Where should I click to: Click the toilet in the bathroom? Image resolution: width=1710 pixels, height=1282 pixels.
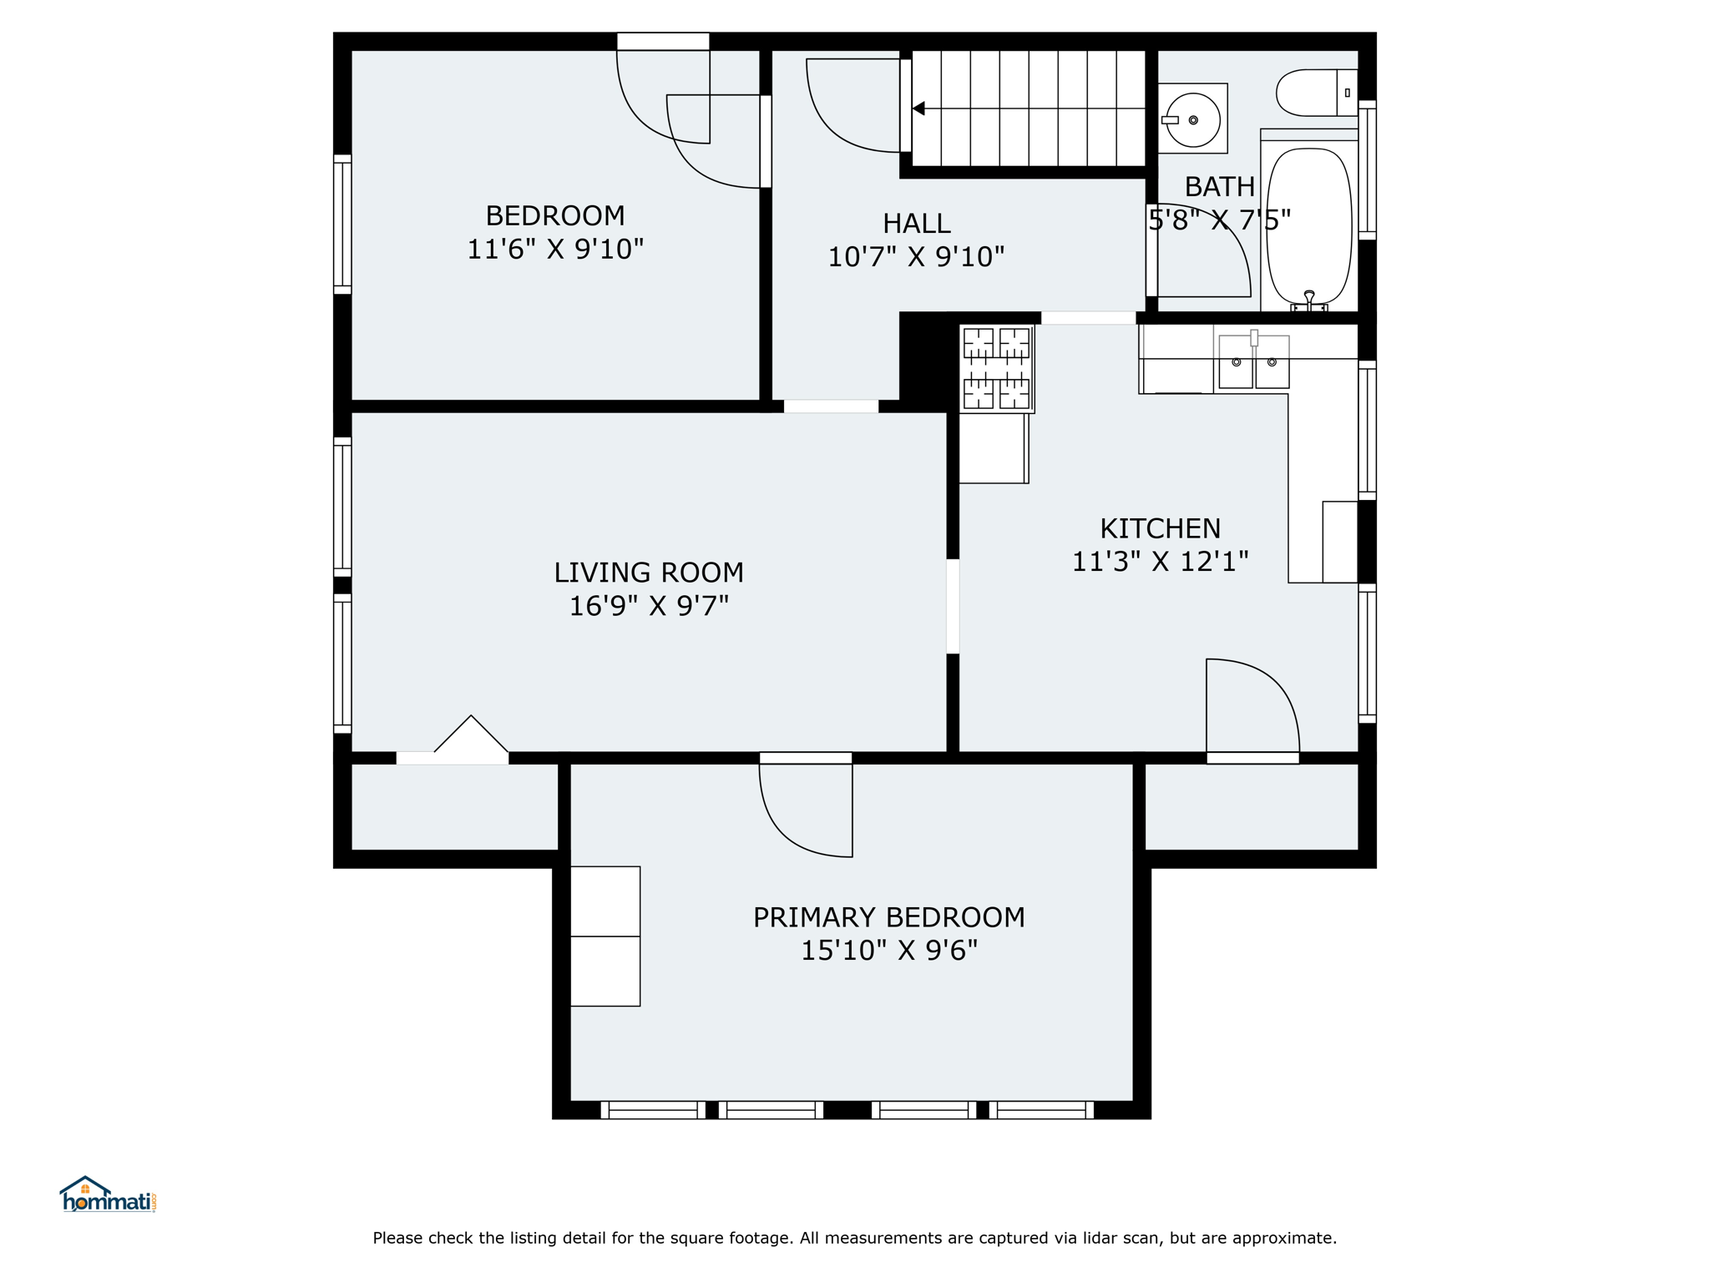pos(1317,93)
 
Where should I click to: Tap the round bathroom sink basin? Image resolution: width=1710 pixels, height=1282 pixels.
pos(1193,120)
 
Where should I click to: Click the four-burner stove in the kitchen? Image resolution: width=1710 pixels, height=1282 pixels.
pos(997,369)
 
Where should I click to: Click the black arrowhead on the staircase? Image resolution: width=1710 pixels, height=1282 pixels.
pos(918,109)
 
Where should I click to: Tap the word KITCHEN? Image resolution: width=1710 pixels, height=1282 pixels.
pos(1160,528)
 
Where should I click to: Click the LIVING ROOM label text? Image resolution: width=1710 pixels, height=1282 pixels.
pos(649,573)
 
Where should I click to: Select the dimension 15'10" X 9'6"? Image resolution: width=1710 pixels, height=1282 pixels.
pos(889,950)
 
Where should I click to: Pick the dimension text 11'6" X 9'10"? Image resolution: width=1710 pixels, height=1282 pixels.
pos(555,249)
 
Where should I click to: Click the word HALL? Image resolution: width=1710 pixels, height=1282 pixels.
pos(916,224)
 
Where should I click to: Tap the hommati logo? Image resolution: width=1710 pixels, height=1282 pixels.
pos(108,1194)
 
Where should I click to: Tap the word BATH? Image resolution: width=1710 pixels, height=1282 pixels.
pos(1219,186)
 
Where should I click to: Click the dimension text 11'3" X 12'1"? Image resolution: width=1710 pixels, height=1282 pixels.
pos(1160,561)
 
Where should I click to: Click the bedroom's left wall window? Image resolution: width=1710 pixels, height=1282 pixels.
pos(342,225)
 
